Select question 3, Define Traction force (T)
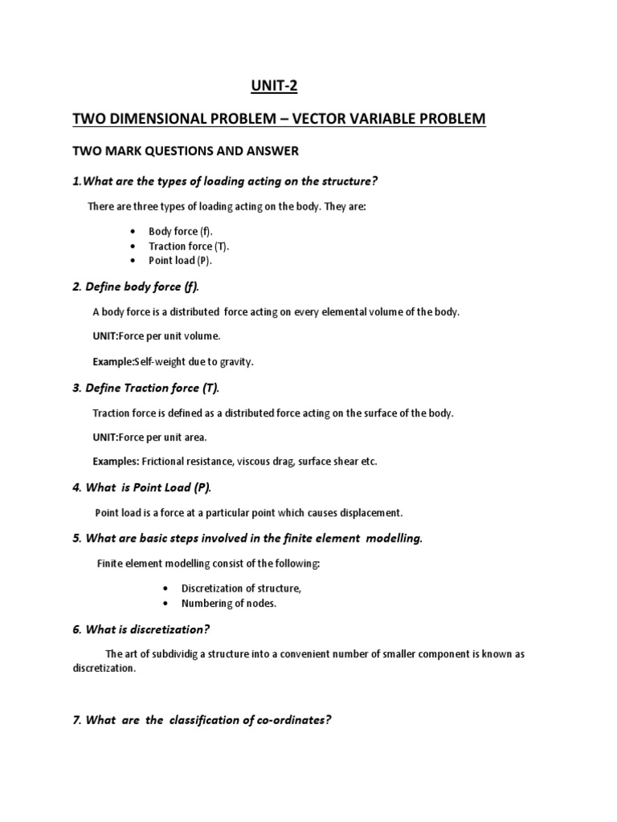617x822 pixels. tap(145, 388)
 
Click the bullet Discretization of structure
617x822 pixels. tap(241, 588)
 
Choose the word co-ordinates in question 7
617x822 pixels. tap(290, 720)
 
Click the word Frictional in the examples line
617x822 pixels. tap(165, 462)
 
